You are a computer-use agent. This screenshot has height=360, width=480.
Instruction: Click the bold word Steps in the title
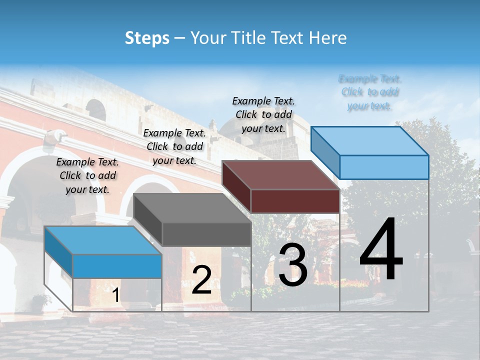[x=147, y=38]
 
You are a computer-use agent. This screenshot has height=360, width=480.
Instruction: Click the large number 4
[x=381, y=249]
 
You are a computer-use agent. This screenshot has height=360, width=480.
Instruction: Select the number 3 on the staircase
[x=293, y=265]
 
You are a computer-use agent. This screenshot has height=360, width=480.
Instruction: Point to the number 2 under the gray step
[x=201, y=280]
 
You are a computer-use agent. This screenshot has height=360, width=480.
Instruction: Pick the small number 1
[x=115, y=295]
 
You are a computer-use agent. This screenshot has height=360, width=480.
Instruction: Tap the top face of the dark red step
[x=280, y=174]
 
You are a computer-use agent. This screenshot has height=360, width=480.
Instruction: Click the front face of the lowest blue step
[x=117, y=266]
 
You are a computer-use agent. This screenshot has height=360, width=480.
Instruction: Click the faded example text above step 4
[x=370, y=92]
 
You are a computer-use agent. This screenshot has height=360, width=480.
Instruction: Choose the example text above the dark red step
[x=263, y=114]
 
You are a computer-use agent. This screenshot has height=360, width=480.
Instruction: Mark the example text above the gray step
[x=174, y=146]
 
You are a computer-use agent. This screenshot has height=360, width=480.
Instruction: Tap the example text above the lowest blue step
[x=87, y=175]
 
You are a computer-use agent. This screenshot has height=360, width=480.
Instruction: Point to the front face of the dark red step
[x=295, y=201]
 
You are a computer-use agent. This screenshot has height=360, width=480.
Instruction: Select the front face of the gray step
[x=206, y=234]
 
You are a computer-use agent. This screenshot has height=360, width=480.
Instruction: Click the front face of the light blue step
[x=384, y=167]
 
